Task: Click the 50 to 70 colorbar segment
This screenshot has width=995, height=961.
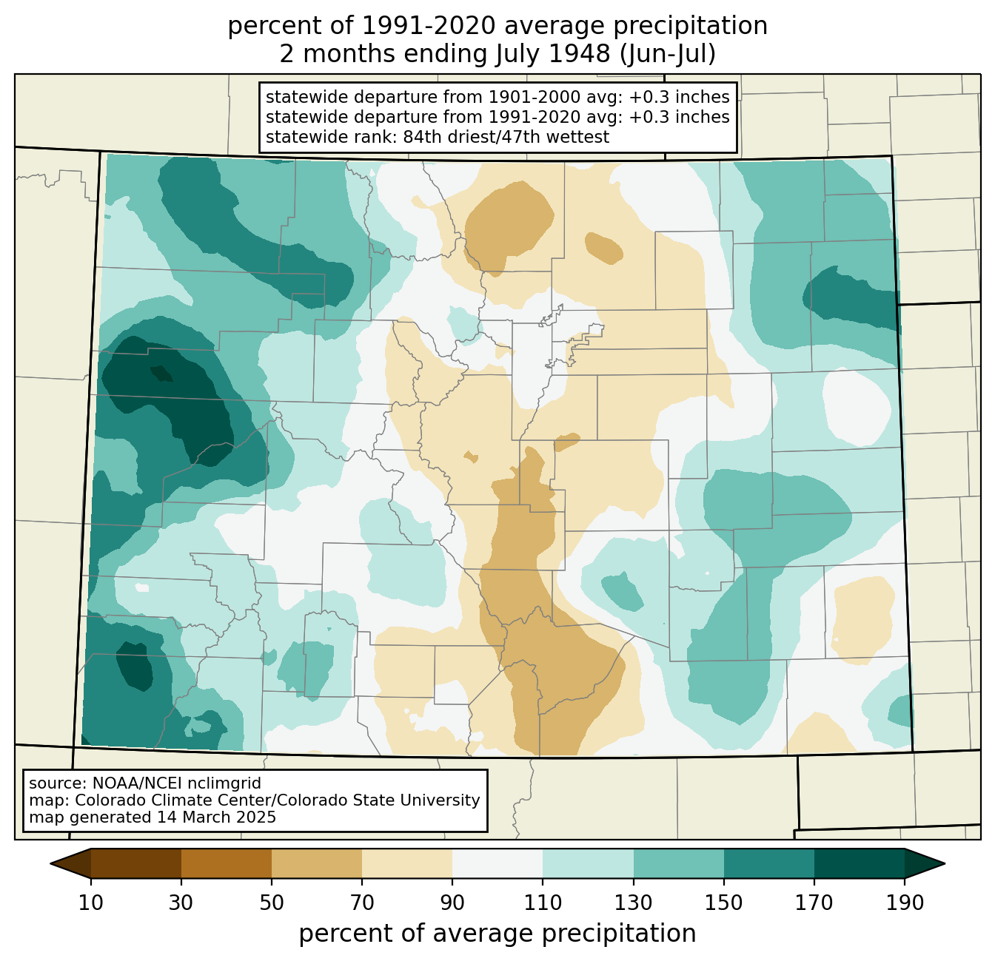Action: [x=317, y=863]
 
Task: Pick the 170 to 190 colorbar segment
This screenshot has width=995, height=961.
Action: [x=859, y=863]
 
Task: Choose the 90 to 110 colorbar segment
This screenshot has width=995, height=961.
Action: [x=497, y=863]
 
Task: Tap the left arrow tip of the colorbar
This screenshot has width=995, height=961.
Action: [x=50, y=863]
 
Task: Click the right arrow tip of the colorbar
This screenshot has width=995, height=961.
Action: [x=945, y=863]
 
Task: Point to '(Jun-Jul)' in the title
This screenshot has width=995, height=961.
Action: [x=667, y=54]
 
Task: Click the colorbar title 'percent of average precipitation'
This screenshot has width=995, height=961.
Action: [x=497, y=934]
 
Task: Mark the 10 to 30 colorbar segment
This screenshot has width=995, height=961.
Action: [x=136, y=863]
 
